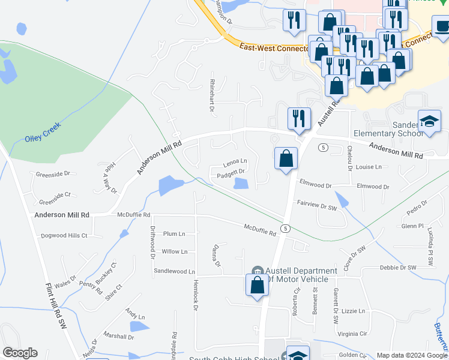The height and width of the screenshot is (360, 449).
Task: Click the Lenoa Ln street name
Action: click(x=235, y=161)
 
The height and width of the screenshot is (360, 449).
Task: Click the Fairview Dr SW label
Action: click(x=317, y=205)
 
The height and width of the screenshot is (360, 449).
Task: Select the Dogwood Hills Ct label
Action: click(x=64, y=236)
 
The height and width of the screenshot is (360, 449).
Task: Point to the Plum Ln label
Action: click(x=174, y=233)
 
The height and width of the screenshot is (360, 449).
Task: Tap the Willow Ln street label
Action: click(x=175, y=252)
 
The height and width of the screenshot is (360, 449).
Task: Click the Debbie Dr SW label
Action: click(x=398, y=267)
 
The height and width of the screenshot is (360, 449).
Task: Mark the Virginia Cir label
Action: click(x=352, y=334)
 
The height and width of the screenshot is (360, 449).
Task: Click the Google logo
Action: click(x=20, y=353)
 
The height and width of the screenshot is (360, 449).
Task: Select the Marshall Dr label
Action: click(x=119, y=337)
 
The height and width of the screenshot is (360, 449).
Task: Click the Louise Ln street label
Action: click(x=369, y=167)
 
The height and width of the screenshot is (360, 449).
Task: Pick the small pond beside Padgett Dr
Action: click(x=241, y=184)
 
